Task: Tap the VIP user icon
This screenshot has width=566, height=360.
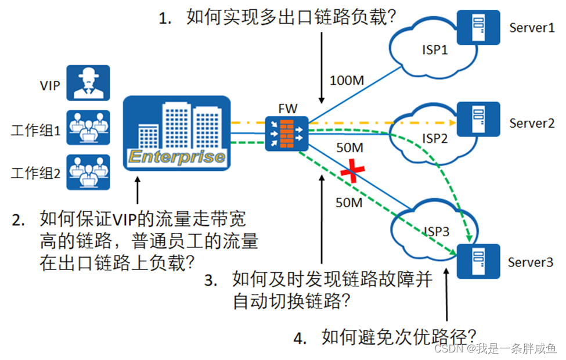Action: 88,82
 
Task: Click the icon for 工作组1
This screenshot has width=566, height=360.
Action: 88,127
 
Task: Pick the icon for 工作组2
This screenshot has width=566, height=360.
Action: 88,172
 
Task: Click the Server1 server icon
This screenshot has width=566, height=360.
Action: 478,27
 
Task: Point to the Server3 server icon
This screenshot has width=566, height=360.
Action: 478,261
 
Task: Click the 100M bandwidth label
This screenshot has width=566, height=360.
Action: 347,80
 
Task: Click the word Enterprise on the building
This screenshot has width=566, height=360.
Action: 176,156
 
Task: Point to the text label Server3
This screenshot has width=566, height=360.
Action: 531,262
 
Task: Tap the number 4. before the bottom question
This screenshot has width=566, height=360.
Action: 300,338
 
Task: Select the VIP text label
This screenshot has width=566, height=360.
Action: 50,85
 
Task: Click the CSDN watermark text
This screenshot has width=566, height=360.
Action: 449,348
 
